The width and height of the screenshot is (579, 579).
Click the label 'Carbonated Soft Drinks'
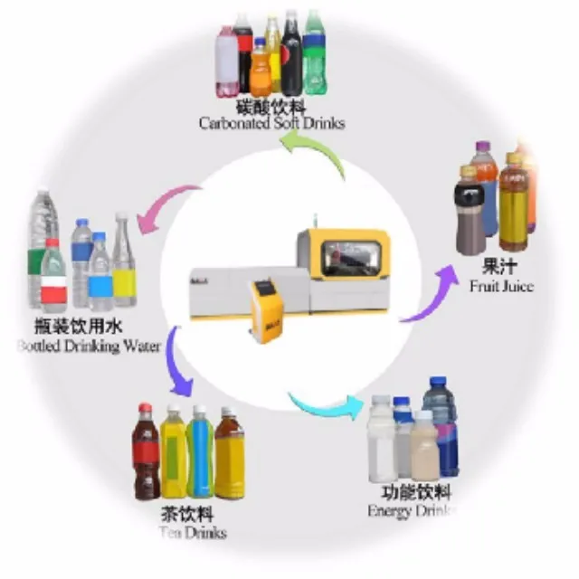pos(271,123)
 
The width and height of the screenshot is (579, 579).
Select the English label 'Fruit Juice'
pos(501,287)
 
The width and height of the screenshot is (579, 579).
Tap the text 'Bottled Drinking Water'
pos(87,345)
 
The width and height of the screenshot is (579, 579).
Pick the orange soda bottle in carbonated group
pos(261,69)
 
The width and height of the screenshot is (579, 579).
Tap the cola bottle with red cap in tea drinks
pos(147,452)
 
